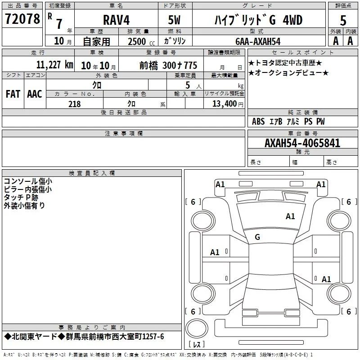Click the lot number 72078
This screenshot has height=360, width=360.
point(22,19)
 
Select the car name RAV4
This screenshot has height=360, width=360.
point(116,20)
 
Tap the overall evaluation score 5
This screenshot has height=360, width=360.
point(343,20)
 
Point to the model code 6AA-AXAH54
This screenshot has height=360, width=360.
point(258,41)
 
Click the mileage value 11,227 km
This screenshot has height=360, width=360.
point(55,65)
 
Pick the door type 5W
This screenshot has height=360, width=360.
point(174,20)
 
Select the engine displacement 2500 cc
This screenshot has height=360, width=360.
point(141,41)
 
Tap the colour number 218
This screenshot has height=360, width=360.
point(75,104)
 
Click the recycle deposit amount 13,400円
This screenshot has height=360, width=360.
point(228,104)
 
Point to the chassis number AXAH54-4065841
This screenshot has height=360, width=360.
point(302,143)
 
